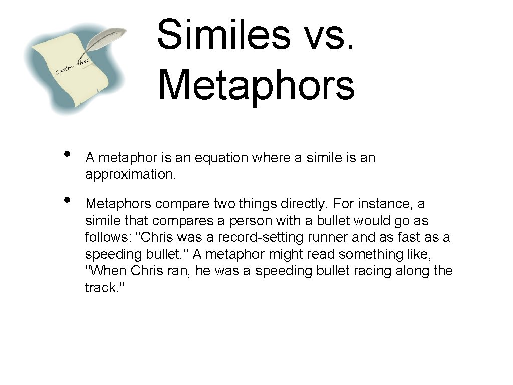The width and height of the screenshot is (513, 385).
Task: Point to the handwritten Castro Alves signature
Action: coord(72,67)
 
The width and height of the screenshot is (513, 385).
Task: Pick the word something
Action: coord(374,255)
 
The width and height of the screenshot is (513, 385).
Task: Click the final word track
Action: coord(100,288)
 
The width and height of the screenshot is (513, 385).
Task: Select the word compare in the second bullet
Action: coord(182,204)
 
